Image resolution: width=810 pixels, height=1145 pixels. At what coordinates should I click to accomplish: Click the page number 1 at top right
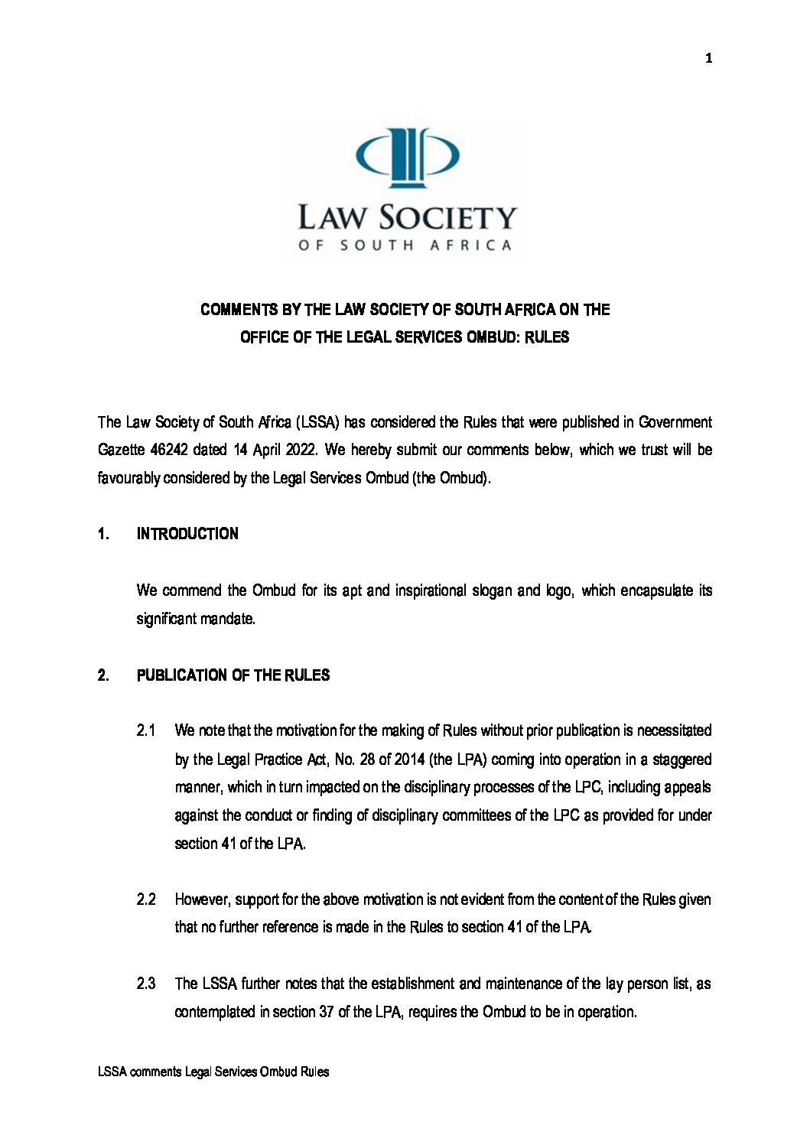pos(708,58)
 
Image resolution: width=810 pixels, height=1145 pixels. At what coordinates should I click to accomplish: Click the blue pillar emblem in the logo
pos(408,157)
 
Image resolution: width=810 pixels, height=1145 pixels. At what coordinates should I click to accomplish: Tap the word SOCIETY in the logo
pos(448,218)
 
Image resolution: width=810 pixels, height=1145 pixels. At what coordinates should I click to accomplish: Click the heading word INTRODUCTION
pos(187,534)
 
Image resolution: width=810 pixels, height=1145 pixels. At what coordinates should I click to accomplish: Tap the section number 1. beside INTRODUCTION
pos(103,534)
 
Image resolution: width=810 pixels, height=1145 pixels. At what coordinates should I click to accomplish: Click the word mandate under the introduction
pos(228,619)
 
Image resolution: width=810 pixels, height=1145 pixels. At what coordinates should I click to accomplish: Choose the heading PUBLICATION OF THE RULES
pos(233,675)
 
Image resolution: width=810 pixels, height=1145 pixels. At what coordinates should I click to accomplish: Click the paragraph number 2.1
pos(146,730)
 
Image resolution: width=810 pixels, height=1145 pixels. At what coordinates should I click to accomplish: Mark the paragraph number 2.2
pos(146,899)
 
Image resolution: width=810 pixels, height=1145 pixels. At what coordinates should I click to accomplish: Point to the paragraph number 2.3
pos(146,984)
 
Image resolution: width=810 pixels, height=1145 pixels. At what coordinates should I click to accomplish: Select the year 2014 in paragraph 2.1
pos(409,760)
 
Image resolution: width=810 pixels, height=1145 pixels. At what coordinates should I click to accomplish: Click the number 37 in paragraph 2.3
pos(327,1012)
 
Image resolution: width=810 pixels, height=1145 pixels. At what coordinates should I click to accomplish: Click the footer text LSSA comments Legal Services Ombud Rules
pos(213,1072)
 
